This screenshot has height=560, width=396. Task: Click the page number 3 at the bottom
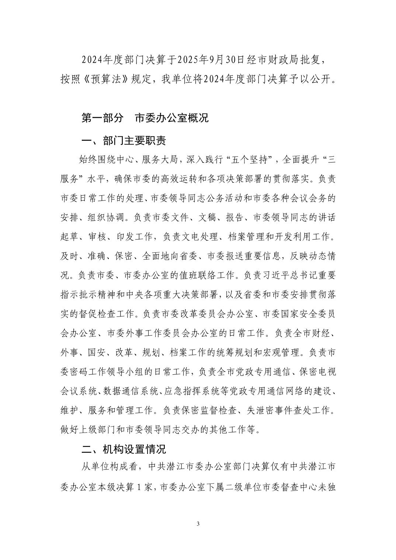pos(198,524)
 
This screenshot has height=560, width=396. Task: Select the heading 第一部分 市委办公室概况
pos(145,118)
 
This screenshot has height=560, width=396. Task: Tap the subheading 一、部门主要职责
pos(124,140)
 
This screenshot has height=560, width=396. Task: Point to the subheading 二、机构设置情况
pos(124,449)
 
